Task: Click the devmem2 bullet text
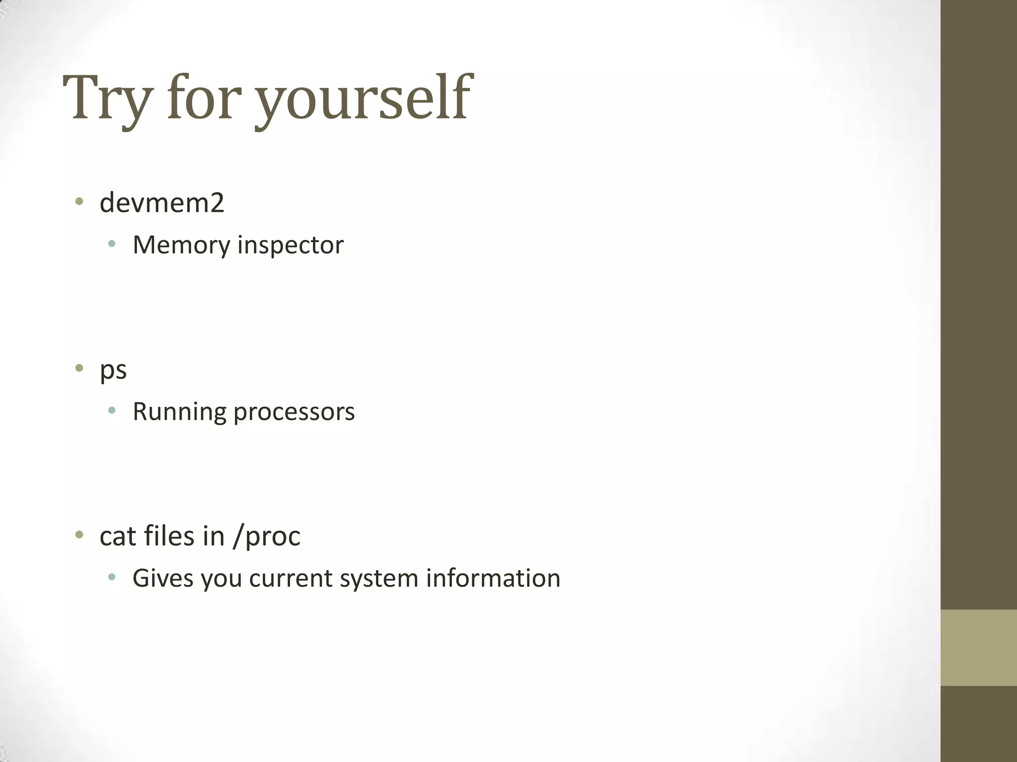click(x=162, y=203)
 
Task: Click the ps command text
click(x=113, y=370)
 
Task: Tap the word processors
click(x=294, y=412)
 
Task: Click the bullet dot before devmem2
click(x=79, y=201)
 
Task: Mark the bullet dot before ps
click(x=79, y=368)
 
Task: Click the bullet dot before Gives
click(x=112, y=577)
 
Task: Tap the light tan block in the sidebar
click(x=978, y=647)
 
